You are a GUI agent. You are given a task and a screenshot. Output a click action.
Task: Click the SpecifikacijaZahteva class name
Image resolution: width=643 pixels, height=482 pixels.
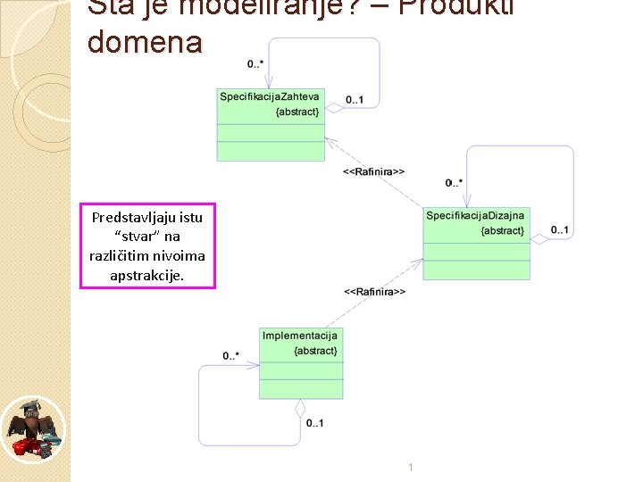270,96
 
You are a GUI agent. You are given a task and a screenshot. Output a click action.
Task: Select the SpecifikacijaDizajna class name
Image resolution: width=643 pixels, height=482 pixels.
476,216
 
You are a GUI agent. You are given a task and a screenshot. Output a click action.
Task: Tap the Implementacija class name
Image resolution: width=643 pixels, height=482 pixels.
300,336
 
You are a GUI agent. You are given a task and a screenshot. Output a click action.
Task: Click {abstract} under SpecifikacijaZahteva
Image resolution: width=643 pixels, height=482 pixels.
297,112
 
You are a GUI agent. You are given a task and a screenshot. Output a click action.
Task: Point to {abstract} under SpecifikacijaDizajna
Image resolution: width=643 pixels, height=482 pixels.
503,231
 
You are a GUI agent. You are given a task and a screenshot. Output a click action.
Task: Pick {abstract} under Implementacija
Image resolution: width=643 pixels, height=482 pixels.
315,351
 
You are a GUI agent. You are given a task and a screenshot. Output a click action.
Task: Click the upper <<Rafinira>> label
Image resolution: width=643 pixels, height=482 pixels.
374,171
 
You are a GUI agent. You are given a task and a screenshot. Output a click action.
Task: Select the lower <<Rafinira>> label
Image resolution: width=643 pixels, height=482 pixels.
375,292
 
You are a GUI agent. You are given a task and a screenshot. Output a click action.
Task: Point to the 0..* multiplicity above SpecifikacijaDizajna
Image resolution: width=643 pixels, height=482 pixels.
454,183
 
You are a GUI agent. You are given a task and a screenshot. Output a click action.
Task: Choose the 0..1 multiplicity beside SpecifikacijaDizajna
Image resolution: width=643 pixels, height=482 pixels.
559,230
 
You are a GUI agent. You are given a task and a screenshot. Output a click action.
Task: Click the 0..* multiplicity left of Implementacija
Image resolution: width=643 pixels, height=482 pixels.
230,356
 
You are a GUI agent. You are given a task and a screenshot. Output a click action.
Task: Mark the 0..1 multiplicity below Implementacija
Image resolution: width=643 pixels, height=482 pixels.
314,423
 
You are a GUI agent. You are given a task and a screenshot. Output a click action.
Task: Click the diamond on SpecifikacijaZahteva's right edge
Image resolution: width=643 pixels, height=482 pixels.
332,107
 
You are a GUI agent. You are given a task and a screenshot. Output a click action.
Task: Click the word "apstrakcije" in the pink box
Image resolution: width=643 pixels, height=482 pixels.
145,275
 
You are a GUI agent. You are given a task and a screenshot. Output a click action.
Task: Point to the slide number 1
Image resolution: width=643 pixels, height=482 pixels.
409,467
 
